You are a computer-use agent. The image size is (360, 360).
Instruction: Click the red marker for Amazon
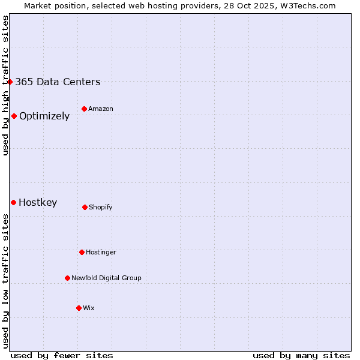pyautogui.click(x=84, y=109)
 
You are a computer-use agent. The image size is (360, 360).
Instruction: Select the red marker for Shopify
pyautogui.click(x=85, y=207)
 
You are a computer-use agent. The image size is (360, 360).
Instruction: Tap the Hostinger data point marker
pyautogui.click(x=82, y=252)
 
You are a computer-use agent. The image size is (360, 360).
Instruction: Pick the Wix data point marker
pyautogui.click(x=79, y=308)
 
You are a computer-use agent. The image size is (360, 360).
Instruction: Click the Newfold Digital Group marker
pyautogui.click(x=67, y=278)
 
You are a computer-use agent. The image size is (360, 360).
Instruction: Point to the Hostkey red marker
pyautogui.click(x=13, y=202)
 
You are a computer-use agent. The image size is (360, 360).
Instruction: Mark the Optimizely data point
pyautogui.click(x=14, y=116)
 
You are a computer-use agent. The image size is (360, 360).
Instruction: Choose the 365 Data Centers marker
pyautogui.click(x=10, y=82)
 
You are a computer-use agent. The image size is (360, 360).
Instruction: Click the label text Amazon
pyautogui.click(x=101, y=109)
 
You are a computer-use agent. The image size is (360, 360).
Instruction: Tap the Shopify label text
pyautogui.click(x=101, y=207)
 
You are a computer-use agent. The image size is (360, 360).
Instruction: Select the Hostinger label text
pyautogui.click(x=101, y=252)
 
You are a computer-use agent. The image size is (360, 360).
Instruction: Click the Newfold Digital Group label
pyautogui.click(x=106, y=278)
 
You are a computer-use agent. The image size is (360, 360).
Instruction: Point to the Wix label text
pyautogui.click(x=89, y=308)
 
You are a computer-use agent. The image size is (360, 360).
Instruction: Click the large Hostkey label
pyautogui.click(x=38, y=202)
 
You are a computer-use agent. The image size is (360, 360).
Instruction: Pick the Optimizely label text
pyautogui.click(x=44, y=116)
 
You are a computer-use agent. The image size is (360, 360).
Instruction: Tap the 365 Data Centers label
pyautogui.click(x=58, y=82)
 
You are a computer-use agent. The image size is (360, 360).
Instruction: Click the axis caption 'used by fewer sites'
pyautogui.click(x=62, y=355)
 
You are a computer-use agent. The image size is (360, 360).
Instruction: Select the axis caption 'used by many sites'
pyautogui.click(x=301, y=355)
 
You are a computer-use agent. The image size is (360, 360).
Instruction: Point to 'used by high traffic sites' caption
pyautogui.click(x=5, y=85)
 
